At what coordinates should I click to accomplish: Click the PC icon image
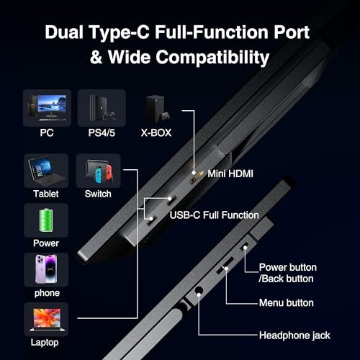tap(47, 108)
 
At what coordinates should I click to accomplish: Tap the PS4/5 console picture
tap(102, 108)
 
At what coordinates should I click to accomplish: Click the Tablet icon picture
tap(46, 171)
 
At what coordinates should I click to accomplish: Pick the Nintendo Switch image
tap(98, 171)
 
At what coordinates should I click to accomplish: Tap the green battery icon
tap(46, 220)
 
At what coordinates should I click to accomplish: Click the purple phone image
tap(46, 269)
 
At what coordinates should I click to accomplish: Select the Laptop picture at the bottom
tap(47, 320)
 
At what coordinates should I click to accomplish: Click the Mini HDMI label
tap(230, 174)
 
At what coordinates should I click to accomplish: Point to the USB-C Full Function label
tap(214, 215)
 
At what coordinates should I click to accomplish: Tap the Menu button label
tap(287, 303)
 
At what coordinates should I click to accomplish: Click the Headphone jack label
tap(294, 336)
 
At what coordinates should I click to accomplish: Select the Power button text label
tap(288, 267)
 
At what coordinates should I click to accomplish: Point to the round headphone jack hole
tap(199, 291)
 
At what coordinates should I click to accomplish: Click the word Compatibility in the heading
tap(212, 58)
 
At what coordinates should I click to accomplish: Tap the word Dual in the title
tap(64, 32)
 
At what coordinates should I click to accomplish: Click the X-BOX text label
tap(156, 132)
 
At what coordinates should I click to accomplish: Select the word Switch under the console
tap(98, 194)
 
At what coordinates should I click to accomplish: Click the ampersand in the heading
tap(96, 57)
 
